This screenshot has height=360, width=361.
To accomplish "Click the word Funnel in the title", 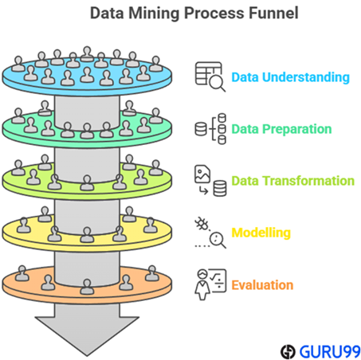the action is [x=273, y=13].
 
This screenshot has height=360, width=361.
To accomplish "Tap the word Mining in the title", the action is [x=154, y=14].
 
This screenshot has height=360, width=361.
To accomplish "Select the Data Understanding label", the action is [x=290, y=77].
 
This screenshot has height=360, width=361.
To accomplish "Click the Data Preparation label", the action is [x=281, y=129].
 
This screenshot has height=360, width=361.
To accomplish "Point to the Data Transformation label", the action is [x=293, y=181].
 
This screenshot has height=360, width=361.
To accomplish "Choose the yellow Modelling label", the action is [x=261, y=233].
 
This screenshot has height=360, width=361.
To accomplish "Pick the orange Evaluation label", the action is [x=262, y=285].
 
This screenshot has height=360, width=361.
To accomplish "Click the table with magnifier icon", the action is [x=210, y=76].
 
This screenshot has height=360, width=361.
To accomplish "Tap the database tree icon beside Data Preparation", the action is [x=210, y=129].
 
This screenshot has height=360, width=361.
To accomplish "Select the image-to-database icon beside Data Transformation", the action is [x=210, y=181].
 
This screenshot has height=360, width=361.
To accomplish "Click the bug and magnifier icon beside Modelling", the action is [x=210, y=233].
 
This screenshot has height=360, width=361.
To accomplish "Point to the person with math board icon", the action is [x=210, y=284].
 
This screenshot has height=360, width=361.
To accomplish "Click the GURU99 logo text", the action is [x=330, y=351].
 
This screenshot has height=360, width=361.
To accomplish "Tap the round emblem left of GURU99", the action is [x=288, y=352].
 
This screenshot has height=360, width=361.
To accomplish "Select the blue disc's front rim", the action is [x=87, y=90].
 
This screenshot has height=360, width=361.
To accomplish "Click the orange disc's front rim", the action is [x=87, y=298].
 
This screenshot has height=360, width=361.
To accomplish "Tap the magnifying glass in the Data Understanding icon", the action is [x=218, y=83].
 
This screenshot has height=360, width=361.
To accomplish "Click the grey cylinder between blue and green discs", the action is [x=87, y=112].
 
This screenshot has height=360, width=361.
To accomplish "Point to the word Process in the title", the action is [x=214, y=14].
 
